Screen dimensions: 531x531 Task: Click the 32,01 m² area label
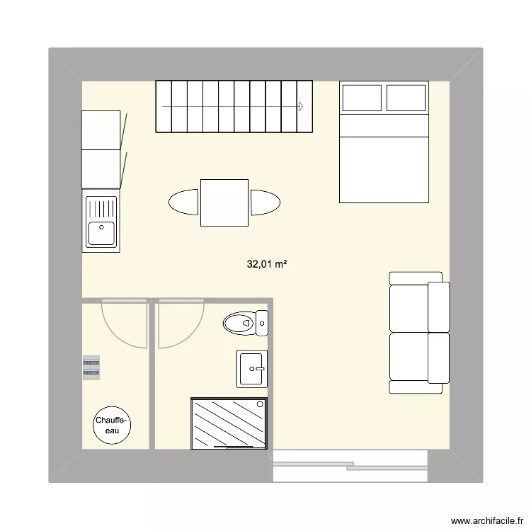[266, 265]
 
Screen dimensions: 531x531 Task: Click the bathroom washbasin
[253, 368]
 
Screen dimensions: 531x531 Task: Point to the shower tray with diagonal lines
[230, 423]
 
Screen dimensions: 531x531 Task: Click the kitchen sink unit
[102, 221]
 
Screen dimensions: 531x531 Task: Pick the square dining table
[224, 202]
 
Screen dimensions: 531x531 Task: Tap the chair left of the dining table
[184, 202]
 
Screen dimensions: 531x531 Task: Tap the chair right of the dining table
[265, 202]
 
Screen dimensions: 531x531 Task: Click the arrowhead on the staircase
[301, 106]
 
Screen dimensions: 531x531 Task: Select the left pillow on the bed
[361, 98]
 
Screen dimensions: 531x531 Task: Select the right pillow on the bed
[406, 98]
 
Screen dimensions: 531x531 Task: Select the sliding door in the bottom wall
[350, 465]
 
